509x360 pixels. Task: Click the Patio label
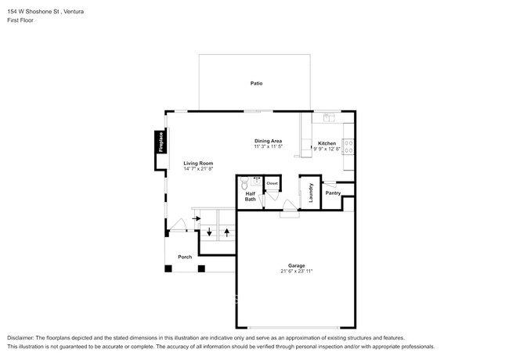(256, 84)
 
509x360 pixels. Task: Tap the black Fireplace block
(161, 142)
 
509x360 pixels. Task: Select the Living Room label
(198, 163)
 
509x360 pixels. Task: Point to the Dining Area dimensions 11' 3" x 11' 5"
(268, 146)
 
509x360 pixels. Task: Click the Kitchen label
(327, 143)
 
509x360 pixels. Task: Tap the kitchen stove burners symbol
(349, 146)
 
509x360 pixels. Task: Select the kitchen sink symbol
(329, 117)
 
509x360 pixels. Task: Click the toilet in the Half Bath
(244, 183)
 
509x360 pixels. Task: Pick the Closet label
(272, 183)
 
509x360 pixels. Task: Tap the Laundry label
(311, 193)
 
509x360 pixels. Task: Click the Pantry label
(333, 193)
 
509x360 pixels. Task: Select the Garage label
(296, 265)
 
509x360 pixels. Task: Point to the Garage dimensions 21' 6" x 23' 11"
(296, 271)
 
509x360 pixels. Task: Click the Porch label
(185, 257)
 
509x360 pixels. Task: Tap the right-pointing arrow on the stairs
(196, 218)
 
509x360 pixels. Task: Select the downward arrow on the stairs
(209, 232)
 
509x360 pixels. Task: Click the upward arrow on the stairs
(227, 232)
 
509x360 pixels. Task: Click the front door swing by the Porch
(178, 225)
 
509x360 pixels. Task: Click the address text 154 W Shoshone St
(34, 12)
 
